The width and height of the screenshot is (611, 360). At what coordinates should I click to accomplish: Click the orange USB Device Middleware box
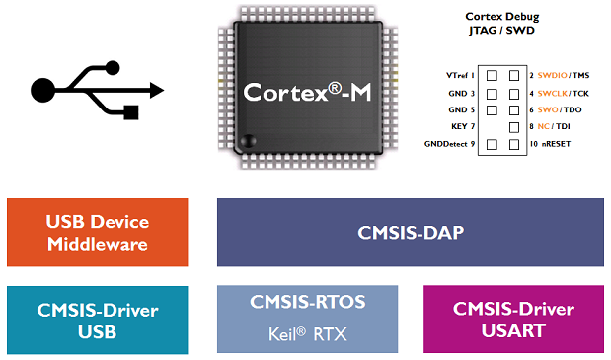97,232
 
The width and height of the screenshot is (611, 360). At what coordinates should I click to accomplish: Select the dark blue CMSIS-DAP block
410,232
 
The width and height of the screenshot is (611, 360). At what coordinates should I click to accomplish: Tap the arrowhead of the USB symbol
155,90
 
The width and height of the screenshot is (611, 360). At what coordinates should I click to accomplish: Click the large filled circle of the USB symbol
43,91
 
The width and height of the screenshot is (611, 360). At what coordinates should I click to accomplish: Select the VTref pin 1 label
461,75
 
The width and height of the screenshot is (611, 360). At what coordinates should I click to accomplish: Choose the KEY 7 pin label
462,127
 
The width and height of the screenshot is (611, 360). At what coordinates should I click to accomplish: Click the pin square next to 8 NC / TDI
513,127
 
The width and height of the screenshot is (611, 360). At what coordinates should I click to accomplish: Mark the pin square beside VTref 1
492,75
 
